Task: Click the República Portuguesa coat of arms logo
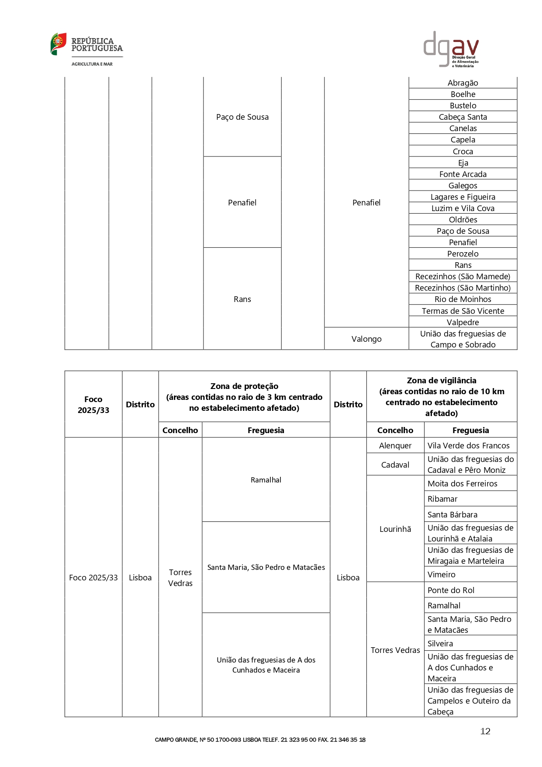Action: [x=59, y=44]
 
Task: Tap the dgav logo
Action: [x=451, y=49]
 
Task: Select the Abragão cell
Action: [x=463, y=83]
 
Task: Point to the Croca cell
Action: [x=463, y=151]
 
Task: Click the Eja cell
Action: [x=463, y=163]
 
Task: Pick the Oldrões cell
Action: [x=463, y=219]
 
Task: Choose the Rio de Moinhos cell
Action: [x=463, y=299]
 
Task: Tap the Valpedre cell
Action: [x=463, y=322]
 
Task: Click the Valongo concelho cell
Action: [x=366, y=339]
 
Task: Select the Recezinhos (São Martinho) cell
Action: [x=463, y=288]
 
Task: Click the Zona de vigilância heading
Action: [x=442, y=396]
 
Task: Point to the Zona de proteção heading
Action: [x=244, y=396]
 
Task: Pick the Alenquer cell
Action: [x=395, y=445]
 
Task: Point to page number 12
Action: [x=485, y=731]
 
